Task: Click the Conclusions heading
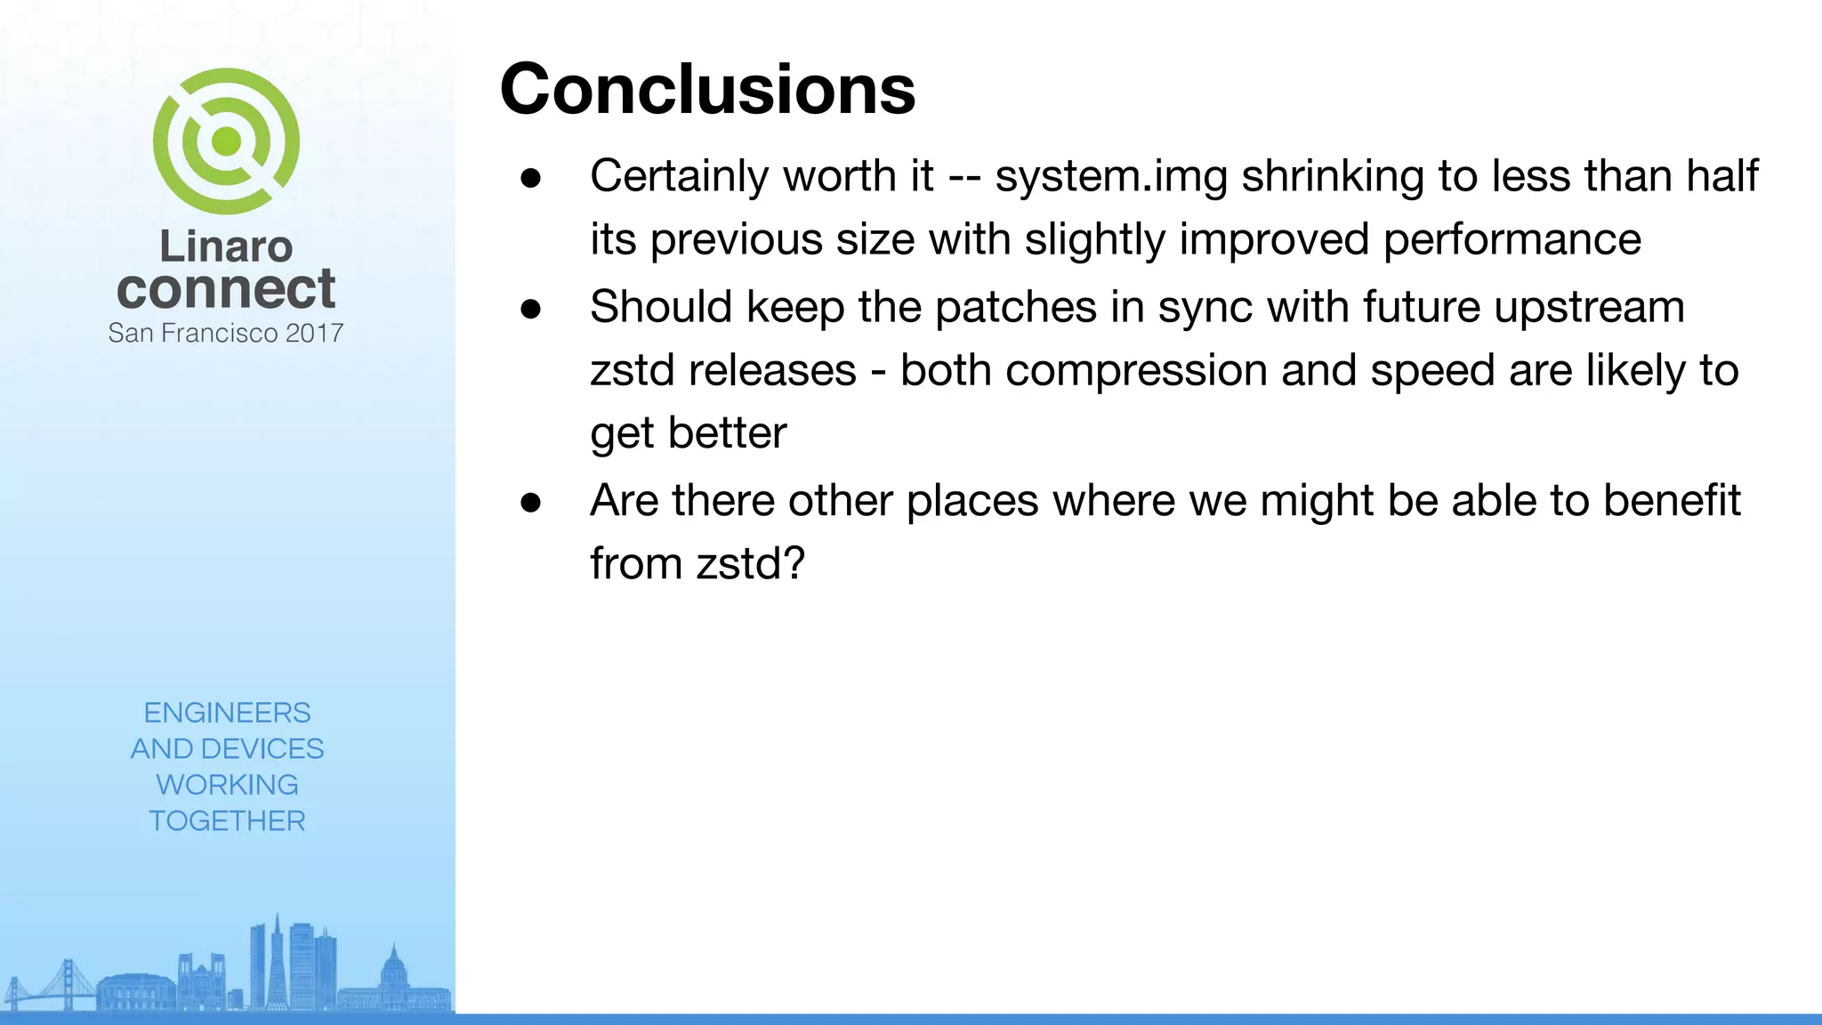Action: click(x=707, y=90)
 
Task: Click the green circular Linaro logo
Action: click(x=226, y=141)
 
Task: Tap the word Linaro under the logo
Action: click(x=226, y=246)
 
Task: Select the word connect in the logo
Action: click(x=226, y=289)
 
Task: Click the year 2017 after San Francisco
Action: click(x=315, y=333)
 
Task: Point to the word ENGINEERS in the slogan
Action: click(x=227, y=713)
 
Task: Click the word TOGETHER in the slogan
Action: click(x=227, y=820)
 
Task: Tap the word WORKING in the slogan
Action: click(x=227, y=785)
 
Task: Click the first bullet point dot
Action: click(x=531, y=178)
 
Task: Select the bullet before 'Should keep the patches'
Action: click(x=531, y=309)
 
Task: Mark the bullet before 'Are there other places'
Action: click(x=531, y=503)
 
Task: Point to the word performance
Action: click(x=1512, y=239)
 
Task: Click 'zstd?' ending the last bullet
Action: click(x=750, y=563)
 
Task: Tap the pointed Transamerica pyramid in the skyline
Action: click(x=277, y=961)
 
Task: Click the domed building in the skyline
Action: click(x=393, y=974)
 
